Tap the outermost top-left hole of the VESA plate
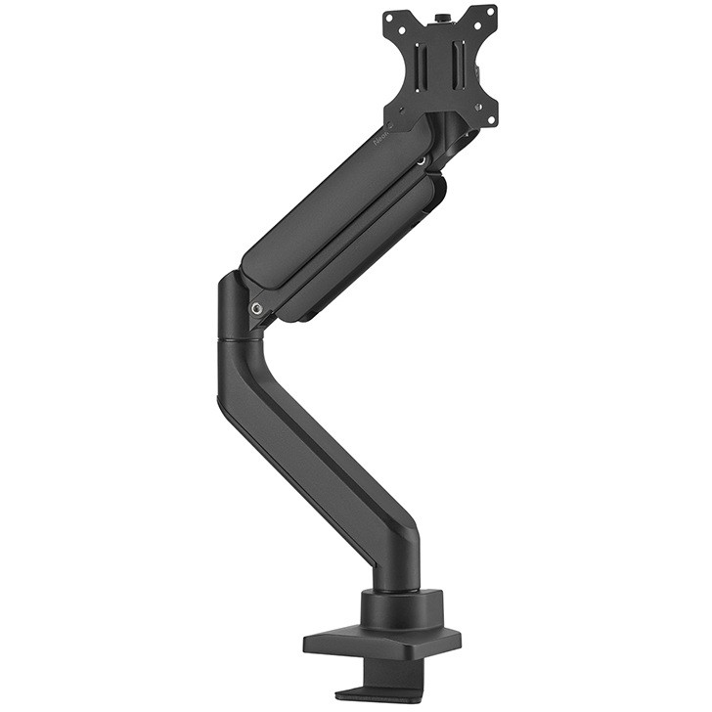tap(388, 17)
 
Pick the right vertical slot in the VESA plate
tap(458, 67)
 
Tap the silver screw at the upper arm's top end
tap(421, 157)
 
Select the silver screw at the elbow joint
tap(257, 309)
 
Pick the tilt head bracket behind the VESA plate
tap(460, 137)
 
